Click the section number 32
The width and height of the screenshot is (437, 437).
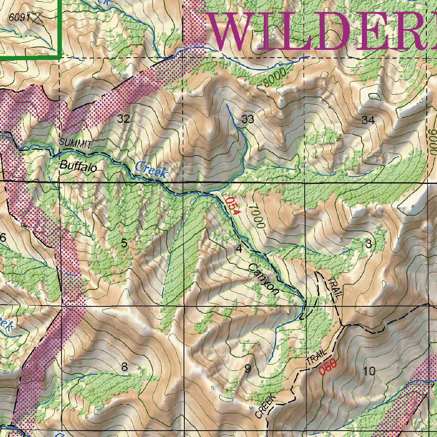[x=123, y=119]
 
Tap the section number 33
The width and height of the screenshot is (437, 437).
[x=248, y=119]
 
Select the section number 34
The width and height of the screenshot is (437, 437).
[x=368, y=120]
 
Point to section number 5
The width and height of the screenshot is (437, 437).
[x=124, y=244]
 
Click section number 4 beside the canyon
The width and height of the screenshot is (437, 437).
[x=239, y=248]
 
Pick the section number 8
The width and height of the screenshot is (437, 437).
[x=124, y=367]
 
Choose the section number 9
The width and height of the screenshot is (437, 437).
[x=248, y=368]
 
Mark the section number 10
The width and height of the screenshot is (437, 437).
[x=369, y=371]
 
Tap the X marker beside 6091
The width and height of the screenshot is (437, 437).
[x=39, y=17]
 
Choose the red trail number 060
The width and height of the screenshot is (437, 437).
[x=328, y=367]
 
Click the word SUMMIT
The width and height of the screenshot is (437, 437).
[x=76, y=143]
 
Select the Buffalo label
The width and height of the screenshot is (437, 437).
[x=78, y=166]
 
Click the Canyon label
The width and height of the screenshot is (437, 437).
[x=264, y=280]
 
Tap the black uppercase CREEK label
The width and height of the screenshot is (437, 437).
[x=266, y=405]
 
